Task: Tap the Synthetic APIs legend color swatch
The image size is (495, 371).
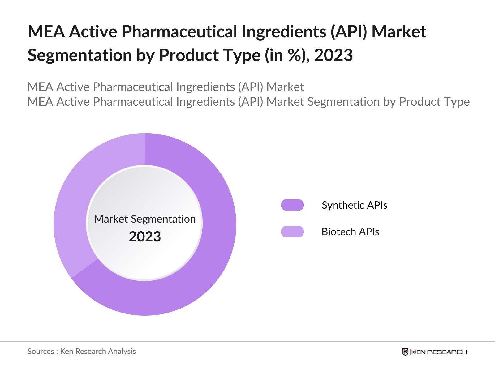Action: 292,205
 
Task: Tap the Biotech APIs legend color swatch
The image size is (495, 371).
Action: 292,232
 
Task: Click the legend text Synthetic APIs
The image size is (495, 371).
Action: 354,205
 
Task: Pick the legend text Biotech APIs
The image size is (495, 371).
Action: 350,232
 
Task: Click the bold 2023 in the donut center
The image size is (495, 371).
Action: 145,237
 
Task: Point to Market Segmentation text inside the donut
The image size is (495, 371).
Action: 145,219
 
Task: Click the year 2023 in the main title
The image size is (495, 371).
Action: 333,55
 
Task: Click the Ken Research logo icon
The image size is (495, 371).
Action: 405,352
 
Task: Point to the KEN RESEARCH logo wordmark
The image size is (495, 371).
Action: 439,352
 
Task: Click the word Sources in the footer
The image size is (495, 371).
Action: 41,351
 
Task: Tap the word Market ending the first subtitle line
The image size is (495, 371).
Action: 285,87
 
